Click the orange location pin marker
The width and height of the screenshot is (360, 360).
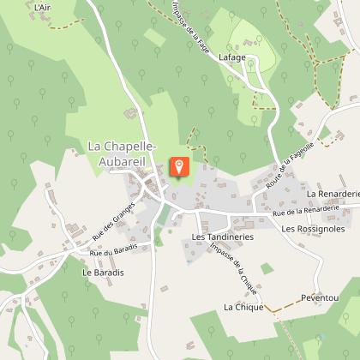point(180,165)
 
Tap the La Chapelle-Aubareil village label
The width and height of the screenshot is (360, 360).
point(122,153)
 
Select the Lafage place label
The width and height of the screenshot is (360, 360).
point(232,57)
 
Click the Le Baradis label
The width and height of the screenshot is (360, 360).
point(99,272)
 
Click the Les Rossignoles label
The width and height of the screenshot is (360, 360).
point(313,229)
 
